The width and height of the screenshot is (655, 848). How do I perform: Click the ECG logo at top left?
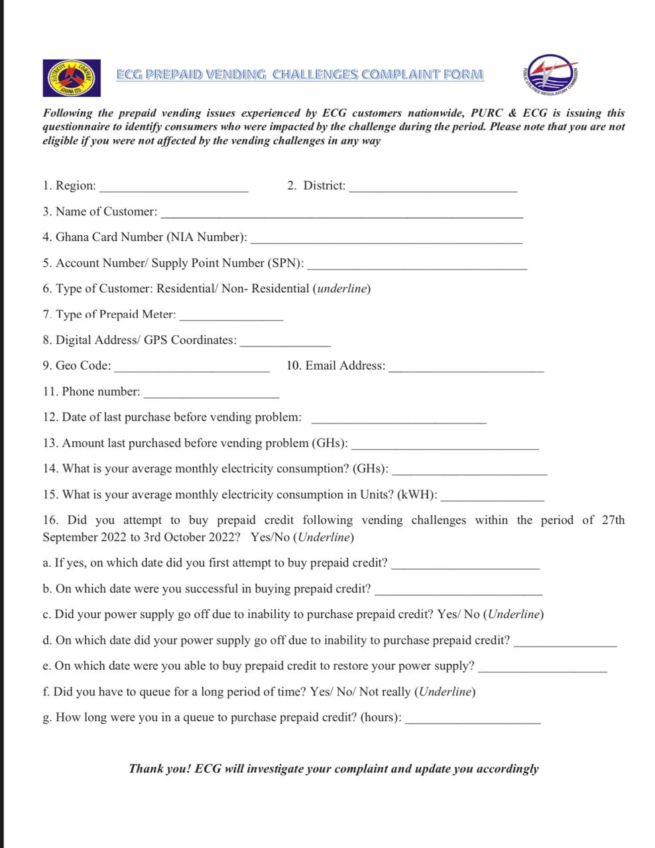point(72,78)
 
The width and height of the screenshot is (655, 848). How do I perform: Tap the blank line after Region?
point(173,189)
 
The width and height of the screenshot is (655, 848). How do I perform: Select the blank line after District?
point(433,189)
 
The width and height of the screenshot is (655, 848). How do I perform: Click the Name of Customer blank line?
point(341,215)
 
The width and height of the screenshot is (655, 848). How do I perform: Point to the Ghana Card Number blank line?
point(387,240)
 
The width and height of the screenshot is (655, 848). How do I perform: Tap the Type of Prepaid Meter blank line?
point(231,318)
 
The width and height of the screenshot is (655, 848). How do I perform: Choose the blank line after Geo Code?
point(192,369)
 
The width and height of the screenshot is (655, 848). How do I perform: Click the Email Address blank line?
point(466,369)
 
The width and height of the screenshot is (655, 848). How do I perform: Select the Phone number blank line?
point(211,395)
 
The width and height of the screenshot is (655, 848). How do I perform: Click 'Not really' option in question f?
point(385,692)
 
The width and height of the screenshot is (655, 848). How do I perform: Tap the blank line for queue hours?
point(473,721)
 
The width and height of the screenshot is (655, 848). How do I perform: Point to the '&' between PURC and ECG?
point(512,113)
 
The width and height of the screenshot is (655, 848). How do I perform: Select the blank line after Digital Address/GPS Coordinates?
point(285,343)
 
